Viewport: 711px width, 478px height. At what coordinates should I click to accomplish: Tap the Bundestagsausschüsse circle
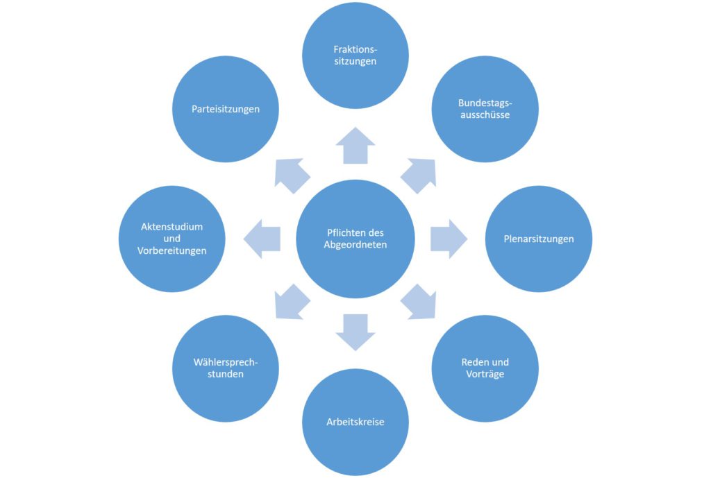pyautogui.click(x=485, y=109)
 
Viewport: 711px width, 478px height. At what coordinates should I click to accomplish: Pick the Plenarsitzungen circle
pyautogui.click(x=538, y=239)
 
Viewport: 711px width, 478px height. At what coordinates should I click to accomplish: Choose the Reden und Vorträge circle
pyautogui.click(x=485, y=368)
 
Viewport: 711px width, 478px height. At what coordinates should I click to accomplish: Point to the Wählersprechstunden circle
pyautogui.click(x=226, y=368)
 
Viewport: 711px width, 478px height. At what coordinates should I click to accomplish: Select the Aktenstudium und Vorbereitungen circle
pyautogui.click(x=172, y=239)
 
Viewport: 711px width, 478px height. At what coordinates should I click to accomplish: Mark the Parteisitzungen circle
pyautogui.click(x=226, y=109)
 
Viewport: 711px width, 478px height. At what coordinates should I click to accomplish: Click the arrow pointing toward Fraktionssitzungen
pyautogui.click(x=355, y=146)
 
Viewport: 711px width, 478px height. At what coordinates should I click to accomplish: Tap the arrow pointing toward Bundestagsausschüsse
pyautogui.click(x=419, y=175)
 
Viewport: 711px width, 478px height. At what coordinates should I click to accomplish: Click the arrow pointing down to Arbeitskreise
pyautogui.click(x=355, y=330)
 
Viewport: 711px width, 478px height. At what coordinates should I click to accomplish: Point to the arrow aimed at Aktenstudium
pyautogui.click(x=262, y=239)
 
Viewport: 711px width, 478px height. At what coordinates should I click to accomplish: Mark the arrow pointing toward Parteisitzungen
pyautogui.click(x=292, y=175)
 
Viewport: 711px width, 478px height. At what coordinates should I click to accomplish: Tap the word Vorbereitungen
pyautogui.click(x=172, y=250)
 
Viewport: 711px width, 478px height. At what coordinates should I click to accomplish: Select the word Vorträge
pyautogui.click(x=485, y=375)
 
